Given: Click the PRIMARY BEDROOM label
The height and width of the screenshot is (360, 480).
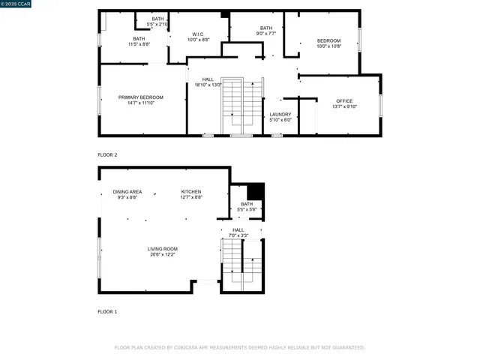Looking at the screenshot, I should [x=140, y=97].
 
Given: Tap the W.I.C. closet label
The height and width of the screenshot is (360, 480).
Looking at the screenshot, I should [x=198, y=34].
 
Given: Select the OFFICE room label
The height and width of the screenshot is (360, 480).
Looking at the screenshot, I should [x=344, y=100].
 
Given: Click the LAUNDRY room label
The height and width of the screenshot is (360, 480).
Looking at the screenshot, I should [x=280, y=114].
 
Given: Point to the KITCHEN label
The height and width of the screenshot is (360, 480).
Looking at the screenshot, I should [x=191, y=191].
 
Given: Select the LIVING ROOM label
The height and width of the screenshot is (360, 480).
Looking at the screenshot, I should [x=162, y=248].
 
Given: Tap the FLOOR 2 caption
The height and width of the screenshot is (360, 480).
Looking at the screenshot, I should [x=107, y=154].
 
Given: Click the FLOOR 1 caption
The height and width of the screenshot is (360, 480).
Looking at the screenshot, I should [x=107, y=311].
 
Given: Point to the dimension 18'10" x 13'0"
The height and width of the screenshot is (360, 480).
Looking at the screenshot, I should [x=208, y=85].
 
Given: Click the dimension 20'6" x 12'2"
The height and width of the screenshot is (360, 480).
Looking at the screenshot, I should [x=162, y=254].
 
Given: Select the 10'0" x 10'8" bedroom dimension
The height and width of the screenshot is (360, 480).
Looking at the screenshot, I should [x=328, y=46].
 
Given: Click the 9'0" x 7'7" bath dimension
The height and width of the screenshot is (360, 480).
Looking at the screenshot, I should [x=266, y=34].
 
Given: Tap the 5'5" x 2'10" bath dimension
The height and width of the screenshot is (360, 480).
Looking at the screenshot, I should [x=157, y=24].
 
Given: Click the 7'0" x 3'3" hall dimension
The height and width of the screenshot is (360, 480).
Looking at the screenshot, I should [x=238, y=235].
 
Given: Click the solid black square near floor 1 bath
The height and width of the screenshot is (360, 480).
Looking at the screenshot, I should [x=256, y=191].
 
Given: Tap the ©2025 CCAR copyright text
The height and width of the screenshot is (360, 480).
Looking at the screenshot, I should [x=16, y=4].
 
